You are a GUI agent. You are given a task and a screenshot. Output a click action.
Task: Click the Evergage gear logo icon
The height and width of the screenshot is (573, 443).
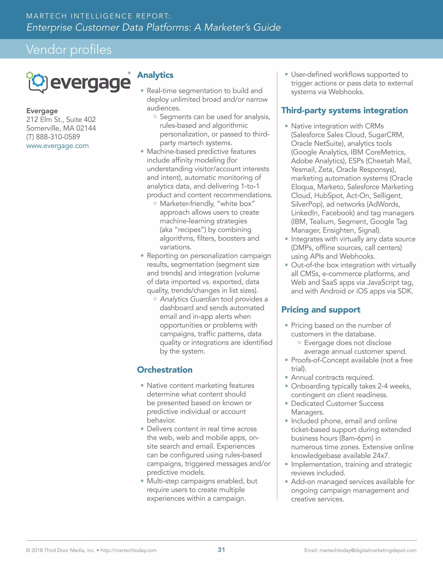click(x=37, y=82)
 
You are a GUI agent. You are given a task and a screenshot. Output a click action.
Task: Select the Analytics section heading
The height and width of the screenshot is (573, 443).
click(x=155, y=75)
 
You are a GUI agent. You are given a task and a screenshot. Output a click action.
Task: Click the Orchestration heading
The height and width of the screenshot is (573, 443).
click(x=165, y=370)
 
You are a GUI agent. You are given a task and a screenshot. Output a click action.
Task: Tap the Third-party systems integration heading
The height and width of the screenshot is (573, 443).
click(x=344, y=110)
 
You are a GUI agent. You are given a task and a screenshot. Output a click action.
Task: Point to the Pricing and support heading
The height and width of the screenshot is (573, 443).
click(x=321, y=310)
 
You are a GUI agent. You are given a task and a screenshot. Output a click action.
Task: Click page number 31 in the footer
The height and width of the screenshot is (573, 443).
click(x=221, y=550)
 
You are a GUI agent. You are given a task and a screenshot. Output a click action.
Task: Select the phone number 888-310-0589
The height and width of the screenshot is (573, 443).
click(x=58, y=137)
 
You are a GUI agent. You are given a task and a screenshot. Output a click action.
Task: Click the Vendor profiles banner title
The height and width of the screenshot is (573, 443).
click(x=69, y=49)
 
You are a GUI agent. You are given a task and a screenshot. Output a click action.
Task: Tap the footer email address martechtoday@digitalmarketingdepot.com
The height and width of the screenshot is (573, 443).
click(x=368, y=550)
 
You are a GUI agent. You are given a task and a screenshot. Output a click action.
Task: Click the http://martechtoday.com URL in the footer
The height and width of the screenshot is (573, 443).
click(x=129, y=550)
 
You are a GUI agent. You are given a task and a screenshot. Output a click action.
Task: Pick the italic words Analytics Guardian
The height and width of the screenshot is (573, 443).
click(x=189, y=299)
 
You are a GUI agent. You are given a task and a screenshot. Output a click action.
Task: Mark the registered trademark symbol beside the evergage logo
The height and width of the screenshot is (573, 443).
click(x=129, y=73)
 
